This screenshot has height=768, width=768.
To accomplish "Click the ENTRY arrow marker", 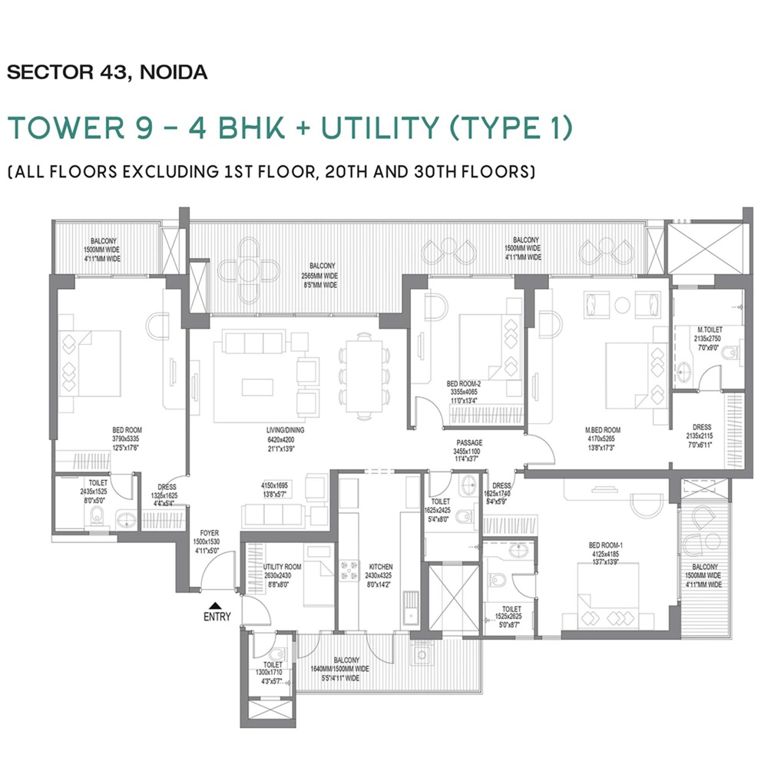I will click(x=217, y=604).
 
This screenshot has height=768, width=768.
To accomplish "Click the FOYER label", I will click(x=209, y=532).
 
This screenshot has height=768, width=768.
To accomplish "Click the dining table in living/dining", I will click(x=360, y=376).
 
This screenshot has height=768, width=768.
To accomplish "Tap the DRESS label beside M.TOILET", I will click(x=701, y=427).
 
